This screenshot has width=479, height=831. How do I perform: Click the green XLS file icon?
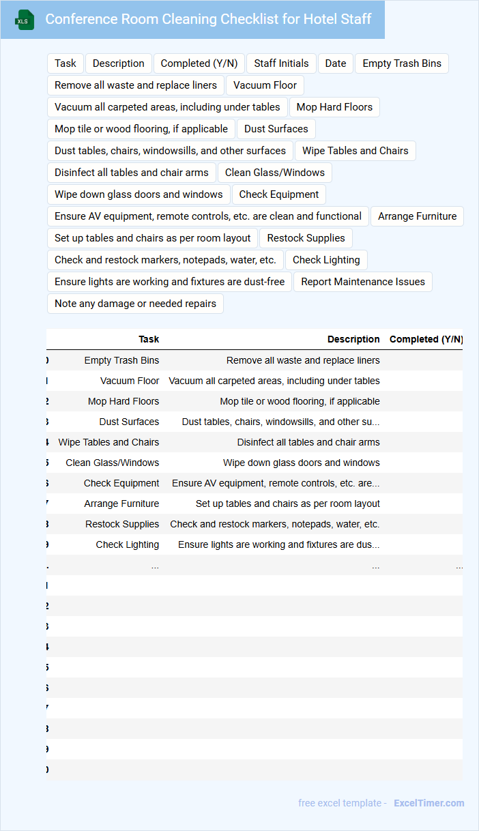[25, 20]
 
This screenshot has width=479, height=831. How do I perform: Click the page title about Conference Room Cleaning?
[208, 19]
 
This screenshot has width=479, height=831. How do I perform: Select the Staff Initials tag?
[281, 63]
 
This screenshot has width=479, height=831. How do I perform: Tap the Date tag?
[336, 63]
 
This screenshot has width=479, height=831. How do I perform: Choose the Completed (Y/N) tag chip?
[199, 63]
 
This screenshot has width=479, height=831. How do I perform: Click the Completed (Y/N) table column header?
[426, 339]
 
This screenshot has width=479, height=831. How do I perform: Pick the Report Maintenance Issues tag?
[363, 282]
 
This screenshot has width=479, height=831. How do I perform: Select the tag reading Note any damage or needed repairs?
[135, 304]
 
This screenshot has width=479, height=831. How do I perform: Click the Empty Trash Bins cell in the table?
[121, 360]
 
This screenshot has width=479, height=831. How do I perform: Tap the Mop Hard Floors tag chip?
[334, 107]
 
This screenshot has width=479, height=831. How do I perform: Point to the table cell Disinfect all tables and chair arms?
[308, 442]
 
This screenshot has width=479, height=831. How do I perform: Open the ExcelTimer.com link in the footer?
[429, 803]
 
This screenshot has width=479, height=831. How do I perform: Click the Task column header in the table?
[149, 339]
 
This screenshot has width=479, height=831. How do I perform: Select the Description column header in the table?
[353, 339]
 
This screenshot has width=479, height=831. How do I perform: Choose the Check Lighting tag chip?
[326, 260]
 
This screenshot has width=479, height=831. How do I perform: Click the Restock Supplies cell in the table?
[122, 524]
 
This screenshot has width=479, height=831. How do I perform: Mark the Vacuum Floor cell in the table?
[130, 381]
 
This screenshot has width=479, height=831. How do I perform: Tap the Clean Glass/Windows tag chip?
[275, 173]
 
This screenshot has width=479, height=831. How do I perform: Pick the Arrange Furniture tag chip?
[417, 216]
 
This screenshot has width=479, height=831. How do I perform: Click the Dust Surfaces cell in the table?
[129, 422]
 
